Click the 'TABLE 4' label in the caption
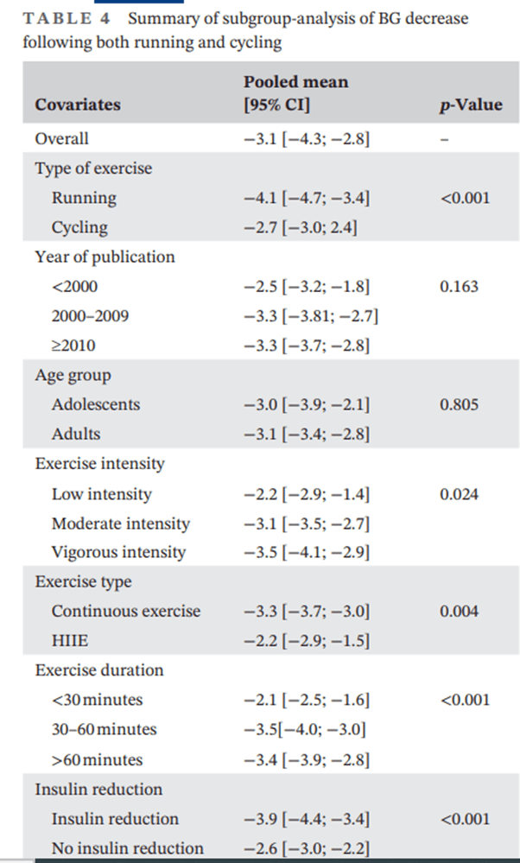[x=55, y=18]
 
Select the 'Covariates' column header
[x=78, y=105]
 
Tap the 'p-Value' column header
[x=471, y=105]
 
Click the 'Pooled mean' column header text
[x=295, y=83]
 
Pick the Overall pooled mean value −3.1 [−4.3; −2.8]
[x=307, y=138]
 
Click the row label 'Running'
[x=84, y=198]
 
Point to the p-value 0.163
[x=459, y=287]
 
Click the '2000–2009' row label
[x=90, y=316]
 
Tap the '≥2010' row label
[x=73, y=346]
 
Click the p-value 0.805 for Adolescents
[x=459, y=404]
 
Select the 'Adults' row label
[x=75, y=434]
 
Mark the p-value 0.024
[x=459, y=494]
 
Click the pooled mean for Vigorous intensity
[x=307, y=552]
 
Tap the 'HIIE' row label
[x=70, y=640]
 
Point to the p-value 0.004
[x=459, y=611]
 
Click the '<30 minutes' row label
[x=97, y=700]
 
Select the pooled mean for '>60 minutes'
[x=307, y=760]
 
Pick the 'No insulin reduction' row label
[x=127, y=848]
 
